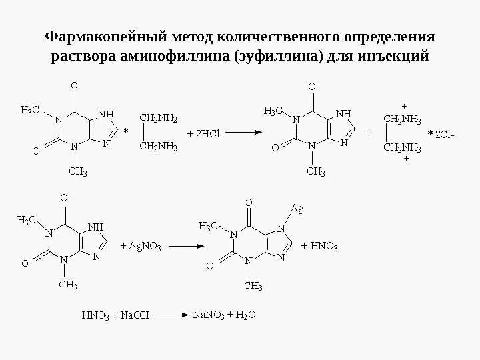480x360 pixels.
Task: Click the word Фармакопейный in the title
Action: (x=95, y=35)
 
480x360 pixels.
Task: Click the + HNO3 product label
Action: (x=320, y=246)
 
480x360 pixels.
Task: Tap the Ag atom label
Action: (x=297, y=209)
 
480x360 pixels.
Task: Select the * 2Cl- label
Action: (x=441, y=135)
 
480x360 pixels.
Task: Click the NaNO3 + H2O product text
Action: (x=226, y=313)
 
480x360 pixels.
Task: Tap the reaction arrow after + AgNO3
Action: (x=180, y=246)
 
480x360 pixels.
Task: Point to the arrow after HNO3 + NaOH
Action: (x=165, y=313)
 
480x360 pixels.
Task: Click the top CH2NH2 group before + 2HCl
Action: (x=158, y=118)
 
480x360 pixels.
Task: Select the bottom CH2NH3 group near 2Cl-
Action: (x=401, y=147)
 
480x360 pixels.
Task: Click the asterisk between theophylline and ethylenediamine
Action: (x=125, y=132)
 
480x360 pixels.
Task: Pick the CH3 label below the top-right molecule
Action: (x=315, y=173)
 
